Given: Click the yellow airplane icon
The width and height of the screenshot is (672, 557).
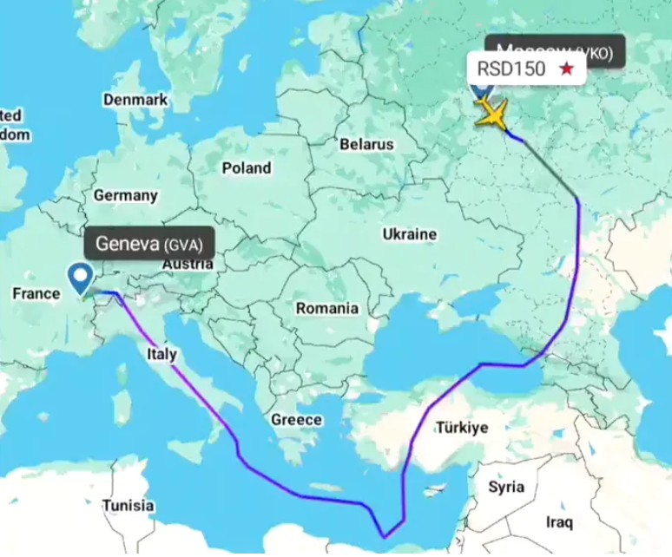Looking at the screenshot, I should click(492, 114).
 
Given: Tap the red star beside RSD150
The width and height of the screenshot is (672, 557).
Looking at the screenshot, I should click(566, 69).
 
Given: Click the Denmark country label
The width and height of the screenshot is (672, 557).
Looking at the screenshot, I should click(135, 100).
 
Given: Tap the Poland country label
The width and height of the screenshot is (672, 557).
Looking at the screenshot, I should click(246, 167).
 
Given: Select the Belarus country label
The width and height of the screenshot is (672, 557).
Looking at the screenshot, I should click(366, 143).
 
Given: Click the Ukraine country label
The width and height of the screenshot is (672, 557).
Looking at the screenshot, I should click(409, 234).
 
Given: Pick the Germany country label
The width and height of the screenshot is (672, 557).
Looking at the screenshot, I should click(126, 195).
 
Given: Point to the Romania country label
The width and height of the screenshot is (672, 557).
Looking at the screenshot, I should click(326, 308).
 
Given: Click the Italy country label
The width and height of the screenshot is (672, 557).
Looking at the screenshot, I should click(161, 354).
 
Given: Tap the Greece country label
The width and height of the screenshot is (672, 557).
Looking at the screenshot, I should click(297, 420).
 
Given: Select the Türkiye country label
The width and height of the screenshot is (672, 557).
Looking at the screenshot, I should click(463, 428).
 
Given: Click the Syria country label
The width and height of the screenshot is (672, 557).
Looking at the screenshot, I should click(506, 487).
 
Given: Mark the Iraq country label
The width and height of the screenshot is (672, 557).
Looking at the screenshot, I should click(559, 522).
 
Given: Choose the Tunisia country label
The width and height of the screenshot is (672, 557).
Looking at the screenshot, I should click(128, 505).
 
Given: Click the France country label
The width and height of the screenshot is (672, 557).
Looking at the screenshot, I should click(36, 294).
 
